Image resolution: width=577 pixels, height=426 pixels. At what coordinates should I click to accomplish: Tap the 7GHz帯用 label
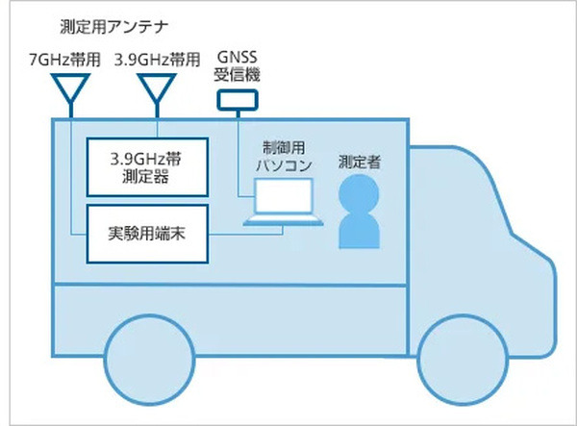[63, 59]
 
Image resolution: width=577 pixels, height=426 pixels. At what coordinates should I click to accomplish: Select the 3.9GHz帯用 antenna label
[157, 59]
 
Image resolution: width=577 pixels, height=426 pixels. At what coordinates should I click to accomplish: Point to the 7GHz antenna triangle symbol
[71, 89]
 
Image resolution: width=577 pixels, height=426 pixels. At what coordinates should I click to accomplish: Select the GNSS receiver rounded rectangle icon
[237, 99]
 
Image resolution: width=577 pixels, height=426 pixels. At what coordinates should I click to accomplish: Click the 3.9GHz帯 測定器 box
[147, 168]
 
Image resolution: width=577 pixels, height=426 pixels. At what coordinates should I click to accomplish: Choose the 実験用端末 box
[147, 232]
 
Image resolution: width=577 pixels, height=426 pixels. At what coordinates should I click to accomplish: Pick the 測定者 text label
[360, 163]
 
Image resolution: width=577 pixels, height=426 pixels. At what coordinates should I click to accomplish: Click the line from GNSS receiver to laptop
[238, 154]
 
